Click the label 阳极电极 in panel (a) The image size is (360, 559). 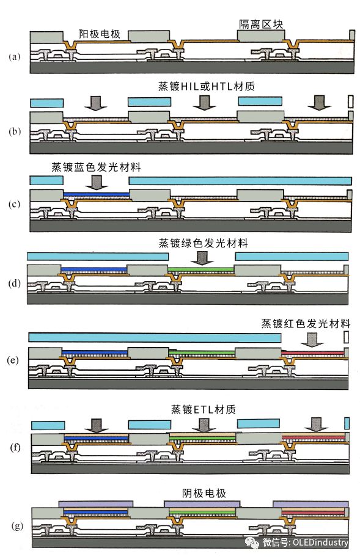pyautogui.click(x=100, y=34)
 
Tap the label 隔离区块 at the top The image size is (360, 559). pyautogui.click(x=261, y=24)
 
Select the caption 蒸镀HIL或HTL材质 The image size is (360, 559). pyautogui.click(x=206, y=87)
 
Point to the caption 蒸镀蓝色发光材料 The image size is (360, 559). pyautogui.click(x=96, y=167)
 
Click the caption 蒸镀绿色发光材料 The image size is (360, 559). pyautogui.click(x=204, y=244)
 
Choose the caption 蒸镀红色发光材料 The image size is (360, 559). pyautogui.click(x=306, y=323)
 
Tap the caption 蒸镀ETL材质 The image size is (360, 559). pyautogui.click(x=204, y=409)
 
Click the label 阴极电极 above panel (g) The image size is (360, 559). pyautogui.click(x=204, y=494)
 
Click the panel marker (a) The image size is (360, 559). pyautogui.click(x=15, y=57)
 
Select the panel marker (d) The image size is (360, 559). pyautogui.click(x=15, y=283)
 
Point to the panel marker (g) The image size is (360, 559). pyautogui.click(x=17, y=526)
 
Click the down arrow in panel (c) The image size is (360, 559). pyautogui.click(x=97, y=182)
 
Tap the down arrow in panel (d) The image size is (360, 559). pyautogui.click(x=202, y=258)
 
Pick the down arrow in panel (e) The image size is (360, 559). pyautogui.click(x=312, y=340)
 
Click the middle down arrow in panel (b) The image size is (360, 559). pyautogui.click(x=204, y=103)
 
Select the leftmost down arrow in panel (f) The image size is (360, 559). pyautogui.click(x=97, y=426)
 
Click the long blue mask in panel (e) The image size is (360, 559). pyautogui.click(x=155, y=338)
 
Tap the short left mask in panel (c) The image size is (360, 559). pyautogui.click(x=46, y=180)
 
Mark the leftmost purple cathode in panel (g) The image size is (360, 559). pyautogui.click(x=96, y=504)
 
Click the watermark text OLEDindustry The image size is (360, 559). pyautogui.click(x=320, y=543)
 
